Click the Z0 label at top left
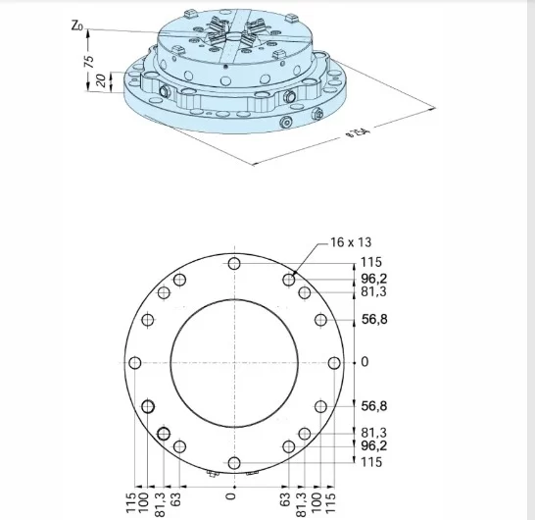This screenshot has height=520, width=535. click(78, 26)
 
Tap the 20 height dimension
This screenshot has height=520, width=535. click(100, 80)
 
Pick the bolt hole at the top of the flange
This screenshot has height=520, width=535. click(234, 263)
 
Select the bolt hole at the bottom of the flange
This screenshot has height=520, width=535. click(234, 462)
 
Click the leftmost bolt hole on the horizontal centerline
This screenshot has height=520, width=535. click(135, 363)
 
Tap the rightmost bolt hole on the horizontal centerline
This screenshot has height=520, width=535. click(334, 363)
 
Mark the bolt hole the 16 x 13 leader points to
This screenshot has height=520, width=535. click(289, 281)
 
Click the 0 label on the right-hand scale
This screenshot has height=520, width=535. click(365, 362)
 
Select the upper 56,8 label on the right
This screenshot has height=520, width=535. click(374, 319)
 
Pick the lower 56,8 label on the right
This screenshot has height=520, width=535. click(374, 405)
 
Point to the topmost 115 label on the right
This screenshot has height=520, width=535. click(369, 262)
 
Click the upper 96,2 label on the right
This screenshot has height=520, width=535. click(373, 278)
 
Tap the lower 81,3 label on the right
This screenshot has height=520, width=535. click(373, 433)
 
